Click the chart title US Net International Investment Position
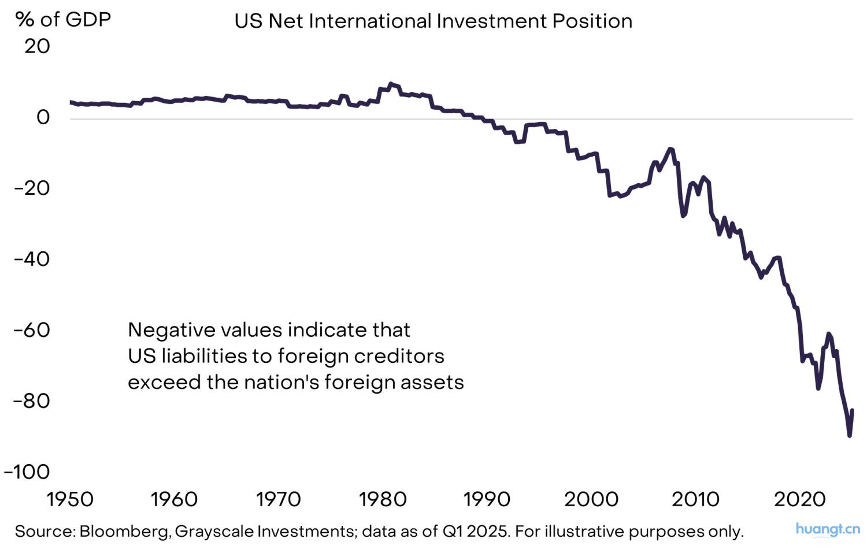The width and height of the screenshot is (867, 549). coord(433,21)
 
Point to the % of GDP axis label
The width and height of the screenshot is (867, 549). coord(63,20)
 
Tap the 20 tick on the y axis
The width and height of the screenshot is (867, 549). coord(37,46)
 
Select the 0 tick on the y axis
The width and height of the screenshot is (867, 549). coord(43,117)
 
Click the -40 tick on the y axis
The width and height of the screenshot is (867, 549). coord(32,259)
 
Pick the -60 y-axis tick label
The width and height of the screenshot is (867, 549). coord(32,330)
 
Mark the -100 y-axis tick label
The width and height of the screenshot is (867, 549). coord(27,472)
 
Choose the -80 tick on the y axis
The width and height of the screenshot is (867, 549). coord(32,400)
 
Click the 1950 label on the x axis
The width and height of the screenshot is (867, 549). coord(70,499)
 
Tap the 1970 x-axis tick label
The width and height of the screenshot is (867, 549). coord(279,499)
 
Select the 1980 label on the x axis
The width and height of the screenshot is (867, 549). coord(383,499)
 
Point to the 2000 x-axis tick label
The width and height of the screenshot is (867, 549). coord(591,499)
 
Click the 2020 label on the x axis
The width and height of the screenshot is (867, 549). coord(800,499)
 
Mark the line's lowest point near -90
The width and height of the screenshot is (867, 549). coord(849,435)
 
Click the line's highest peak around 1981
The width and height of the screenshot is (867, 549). coord(391,84)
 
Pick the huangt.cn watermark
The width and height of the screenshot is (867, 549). coord(827,529)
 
